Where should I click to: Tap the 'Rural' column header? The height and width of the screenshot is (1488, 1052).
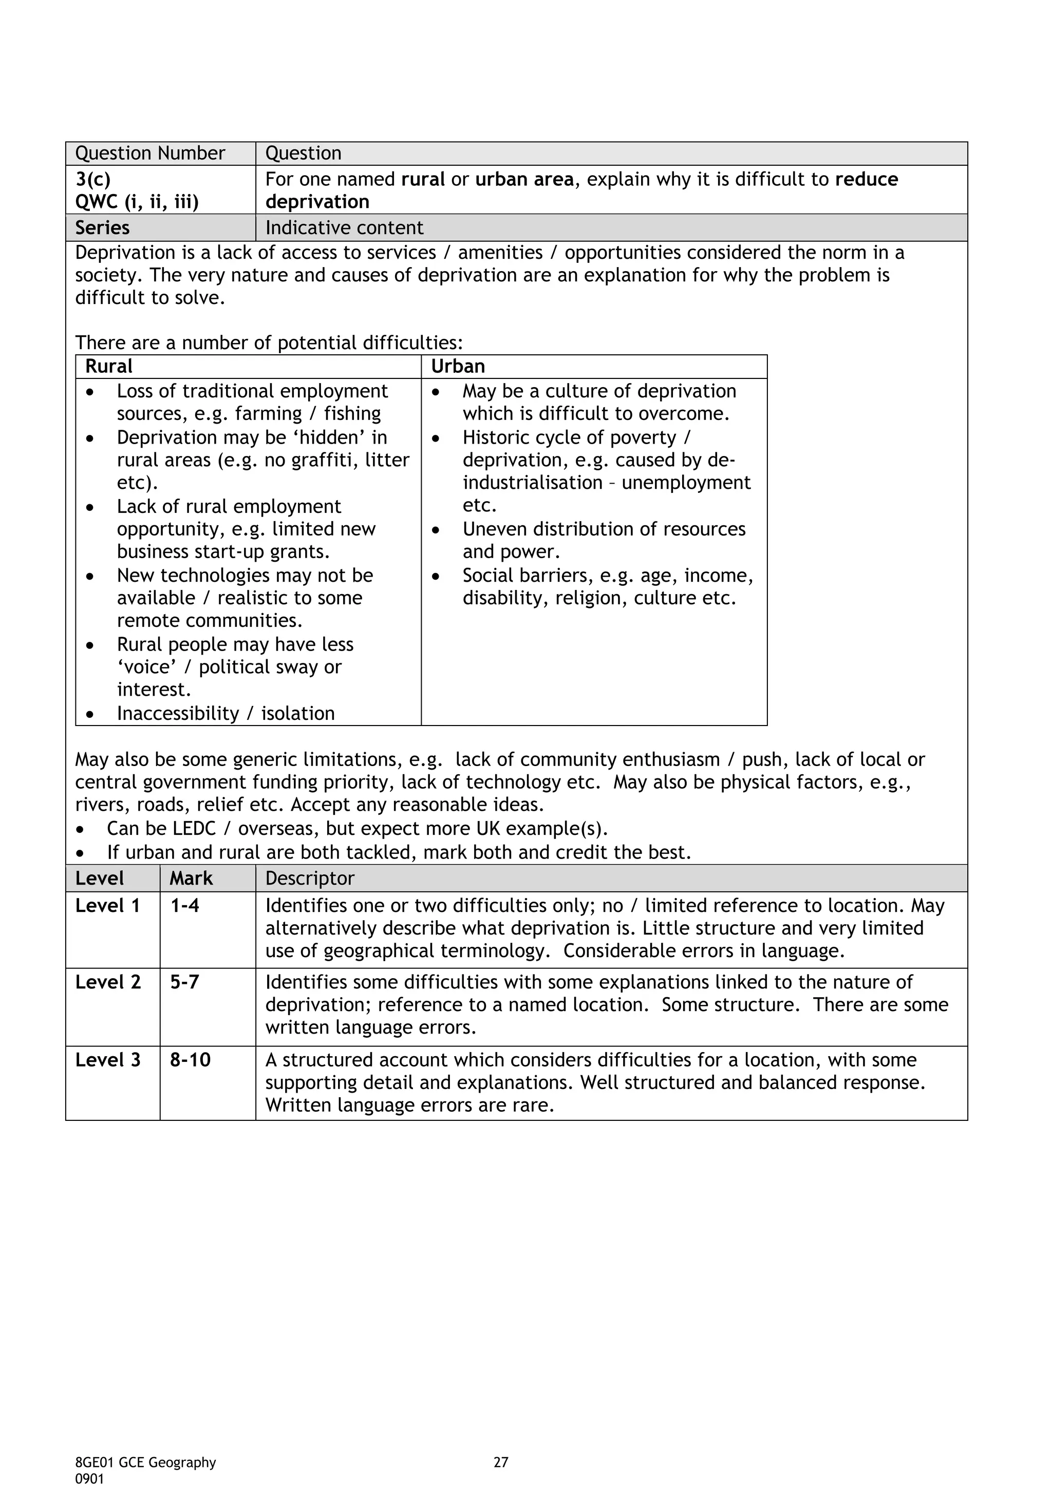(109, 367)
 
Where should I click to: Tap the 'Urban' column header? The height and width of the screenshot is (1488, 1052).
(458, 367)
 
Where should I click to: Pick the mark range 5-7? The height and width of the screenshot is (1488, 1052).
(185, 982)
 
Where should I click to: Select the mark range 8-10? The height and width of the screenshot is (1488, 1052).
(190, 1060)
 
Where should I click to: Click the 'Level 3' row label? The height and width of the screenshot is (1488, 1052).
(107, 1060)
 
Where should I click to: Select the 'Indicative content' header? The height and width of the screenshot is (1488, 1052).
(344, 228)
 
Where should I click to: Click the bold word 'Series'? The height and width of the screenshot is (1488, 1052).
(102, 228)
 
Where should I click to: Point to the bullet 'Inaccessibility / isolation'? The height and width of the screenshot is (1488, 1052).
(226, 714)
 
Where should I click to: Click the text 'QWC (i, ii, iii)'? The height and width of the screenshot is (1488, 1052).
(137, 202)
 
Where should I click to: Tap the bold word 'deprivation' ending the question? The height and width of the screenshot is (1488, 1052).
(317, 202)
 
